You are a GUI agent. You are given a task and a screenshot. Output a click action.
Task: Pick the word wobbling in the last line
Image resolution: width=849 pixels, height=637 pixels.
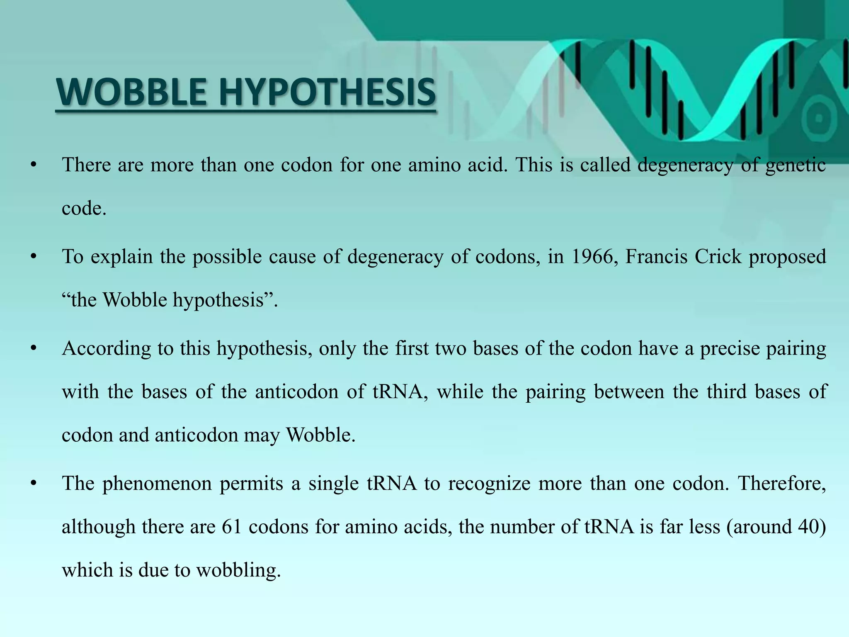[238, 570]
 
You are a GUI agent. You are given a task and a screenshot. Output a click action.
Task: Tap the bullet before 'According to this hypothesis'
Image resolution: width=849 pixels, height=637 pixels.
[34, 349]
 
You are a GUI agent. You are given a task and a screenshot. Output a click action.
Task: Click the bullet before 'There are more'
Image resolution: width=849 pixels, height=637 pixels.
[34, 165]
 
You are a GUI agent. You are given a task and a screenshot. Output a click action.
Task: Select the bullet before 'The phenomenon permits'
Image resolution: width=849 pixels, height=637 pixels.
[34, 484]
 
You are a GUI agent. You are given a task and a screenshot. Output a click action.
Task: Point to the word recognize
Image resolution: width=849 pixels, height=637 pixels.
[489, 484]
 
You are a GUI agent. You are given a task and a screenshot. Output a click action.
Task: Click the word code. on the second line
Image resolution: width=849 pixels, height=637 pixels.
[84, 208]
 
